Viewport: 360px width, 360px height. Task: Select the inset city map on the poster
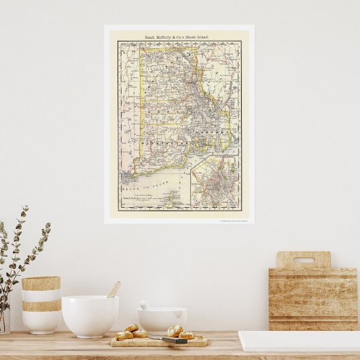tap(214, 183)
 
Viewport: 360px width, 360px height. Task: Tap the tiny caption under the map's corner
tap(235, 220)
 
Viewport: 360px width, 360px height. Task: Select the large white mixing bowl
tap(90, 316)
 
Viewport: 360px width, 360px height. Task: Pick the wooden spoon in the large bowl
tap(113, 290)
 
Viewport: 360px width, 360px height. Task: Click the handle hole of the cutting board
tap(303, 260)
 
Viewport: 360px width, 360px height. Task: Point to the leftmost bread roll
tap(125, 335)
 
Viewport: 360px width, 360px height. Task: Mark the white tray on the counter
tap(299, 341)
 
